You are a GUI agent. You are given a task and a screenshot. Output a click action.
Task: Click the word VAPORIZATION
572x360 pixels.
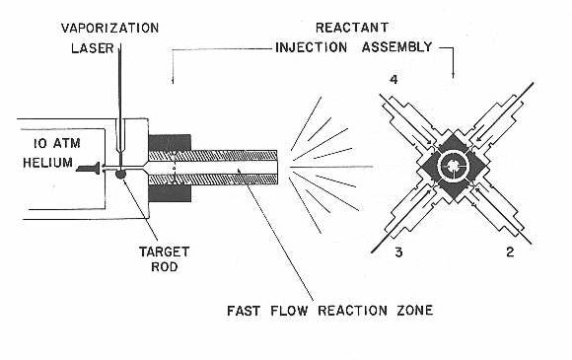[x=109, y=28]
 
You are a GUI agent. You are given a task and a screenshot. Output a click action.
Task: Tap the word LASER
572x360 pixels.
[x=93, y=48]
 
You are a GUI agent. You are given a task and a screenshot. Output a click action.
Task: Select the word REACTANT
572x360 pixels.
[x=352, y=28]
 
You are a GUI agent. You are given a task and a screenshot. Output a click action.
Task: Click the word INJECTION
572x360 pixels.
[x=312, y=47]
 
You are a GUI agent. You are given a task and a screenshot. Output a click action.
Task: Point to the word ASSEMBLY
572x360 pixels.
[x=396, y=47]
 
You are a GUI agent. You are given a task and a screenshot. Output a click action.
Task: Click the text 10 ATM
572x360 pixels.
[x=57, y=143]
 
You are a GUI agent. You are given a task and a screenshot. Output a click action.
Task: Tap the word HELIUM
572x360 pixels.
[x=47, y=163]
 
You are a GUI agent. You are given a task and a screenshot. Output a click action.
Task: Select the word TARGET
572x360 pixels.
[x=164, y=252]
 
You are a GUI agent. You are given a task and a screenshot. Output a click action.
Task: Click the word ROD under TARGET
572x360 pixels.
[x=165, y=266]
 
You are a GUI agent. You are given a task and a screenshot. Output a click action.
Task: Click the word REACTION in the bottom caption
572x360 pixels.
[x=352, y=311]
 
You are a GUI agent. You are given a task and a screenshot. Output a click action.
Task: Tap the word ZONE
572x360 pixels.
[x=415, y=311]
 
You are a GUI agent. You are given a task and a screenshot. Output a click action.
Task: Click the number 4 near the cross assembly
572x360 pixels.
[x=393, y=80]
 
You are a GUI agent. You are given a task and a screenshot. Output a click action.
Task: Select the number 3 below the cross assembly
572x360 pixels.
[x=398, y=252]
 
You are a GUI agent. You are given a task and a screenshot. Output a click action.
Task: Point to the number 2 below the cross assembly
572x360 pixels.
[x=510, y=252]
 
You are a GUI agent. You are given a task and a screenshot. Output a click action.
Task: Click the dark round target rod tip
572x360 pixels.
[x=120, y=175]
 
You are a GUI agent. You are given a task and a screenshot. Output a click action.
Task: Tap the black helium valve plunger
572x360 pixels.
[x=89, y=168]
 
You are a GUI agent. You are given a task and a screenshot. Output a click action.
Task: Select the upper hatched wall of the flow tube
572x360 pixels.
[x=213, y=156]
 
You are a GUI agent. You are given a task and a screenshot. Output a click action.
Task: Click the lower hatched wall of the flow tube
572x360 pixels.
[x=213, y=180]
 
